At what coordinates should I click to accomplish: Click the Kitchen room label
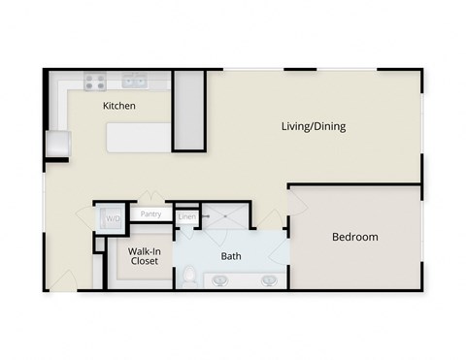tap(119, 106)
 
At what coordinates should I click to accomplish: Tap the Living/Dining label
tap(313, 126)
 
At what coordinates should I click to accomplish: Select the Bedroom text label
tap(354, 237)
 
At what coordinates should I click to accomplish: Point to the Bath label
tap(231, 257)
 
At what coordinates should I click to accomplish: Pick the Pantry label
tap(150, 214)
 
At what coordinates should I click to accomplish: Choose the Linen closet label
tap(186, 216)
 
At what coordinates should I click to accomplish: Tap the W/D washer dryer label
tap(114, 218)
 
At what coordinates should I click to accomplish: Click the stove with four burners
tap(94, 82)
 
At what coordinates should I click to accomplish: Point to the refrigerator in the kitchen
tap(58, 145)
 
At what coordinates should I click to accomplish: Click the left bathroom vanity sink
tap(221, 281)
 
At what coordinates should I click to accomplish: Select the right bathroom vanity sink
tap(269, 281)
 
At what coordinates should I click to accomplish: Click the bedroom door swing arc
tap(299, 209)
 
